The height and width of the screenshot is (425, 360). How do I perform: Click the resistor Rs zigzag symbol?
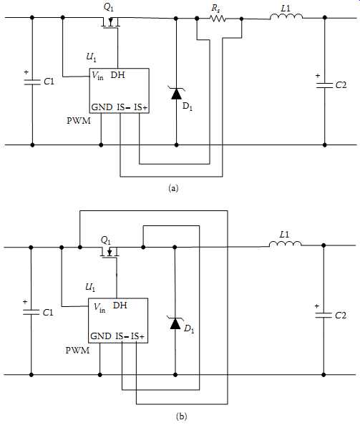pyautogui.click(x=218, y=19)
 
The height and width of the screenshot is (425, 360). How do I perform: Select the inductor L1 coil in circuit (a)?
pyautogui.click(x=286, y=16)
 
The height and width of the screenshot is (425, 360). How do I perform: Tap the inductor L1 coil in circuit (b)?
pyautogui.click(x=285, y=244)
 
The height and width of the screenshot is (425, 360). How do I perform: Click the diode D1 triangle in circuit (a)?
pyautogui.click(x=177, y=94)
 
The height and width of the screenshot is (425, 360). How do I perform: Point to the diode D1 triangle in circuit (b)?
pyautogui.click(x=175, y=323)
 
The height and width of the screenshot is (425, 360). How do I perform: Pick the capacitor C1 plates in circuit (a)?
pyautogui.click(x=32, y=82)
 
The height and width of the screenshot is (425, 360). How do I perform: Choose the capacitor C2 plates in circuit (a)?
pyautogui.click(x=324, y=85)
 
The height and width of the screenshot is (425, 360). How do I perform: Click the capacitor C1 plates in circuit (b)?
pyautogui.click(x=31, y=312)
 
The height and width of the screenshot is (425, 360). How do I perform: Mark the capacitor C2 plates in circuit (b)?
pyautogui.click(x=323, y=316)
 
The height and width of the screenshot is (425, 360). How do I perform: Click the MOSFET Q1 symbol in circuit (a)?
pyautogui.click(x=110, y=23)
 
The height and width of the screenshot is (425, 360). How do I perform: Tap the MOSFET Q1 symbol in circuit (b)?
pyautogui.click(x=110, y=253)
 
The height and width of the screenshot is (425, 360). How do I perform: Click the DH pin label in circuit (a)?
pyautogui.click(x=118, y=75)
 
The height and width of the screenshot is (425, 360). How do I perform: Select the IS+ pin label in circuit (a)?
pyautogui.click(x=141, y=107)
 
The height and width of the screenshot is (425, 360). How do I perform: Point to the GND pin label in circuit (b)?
pyautogui.click(x=101, y=336)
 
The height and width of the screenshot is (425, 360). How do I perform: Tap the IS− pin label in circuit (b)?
pyautogui.click(x=122, y=336)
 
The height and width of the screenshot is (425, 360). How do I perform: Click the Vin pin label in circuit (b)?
pyautogui.click(x=99, y=308)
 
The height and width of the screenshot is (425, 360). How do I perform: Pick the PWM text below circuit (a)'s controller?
pyautogui.click(x=79, y=121)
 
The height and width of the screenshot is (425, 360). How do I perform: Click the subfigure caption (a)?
pyautogui.click(x=173, y=188)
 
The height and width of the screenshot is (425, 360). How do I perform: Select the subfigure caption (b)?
pyautogui.click(x=181, y=416)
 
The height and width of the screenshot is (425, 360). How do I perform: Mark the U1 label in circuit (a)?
pyautogui.click(x=91, y=57)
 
